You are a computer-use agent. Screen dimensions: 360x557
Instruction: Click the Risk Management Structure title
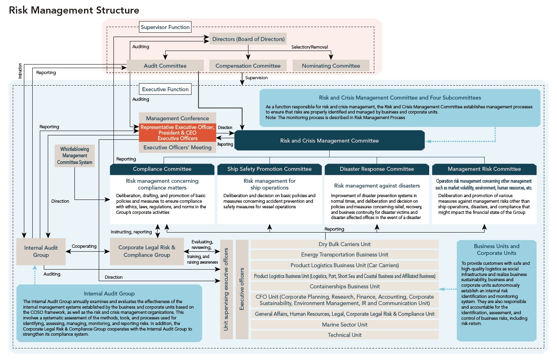[74, 10]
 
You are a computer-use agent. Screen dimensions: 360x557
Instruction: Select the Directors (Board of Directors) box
[248, 39]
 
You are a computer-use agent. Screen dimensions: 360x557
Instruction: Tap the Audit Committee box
[165, 66]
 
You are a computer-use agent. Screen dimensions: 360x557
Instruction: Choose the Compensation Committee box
[248, 66]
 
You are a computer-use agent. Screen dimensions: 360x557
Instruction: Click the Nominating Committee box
[331, 66]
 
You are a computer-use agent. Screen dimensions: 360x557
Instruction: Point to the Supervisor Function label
[165, 27]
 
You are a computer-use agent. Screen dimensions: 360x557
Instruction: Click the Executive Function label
[165, 89]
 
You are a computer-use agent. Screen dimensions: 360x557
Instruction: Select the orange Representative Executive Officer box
[178, 133]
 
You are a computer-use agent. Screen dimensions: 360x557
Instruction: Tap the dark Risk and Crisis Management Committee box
[329, 141]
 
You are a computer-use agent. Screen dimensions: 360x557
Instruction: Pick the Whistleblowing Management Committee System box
[75, 156]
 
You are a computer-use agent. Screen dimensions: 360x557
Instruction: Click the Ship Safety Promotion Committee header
[270, 169]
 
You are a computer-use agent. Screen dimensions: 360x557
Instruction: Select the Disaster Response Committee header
[377, 169]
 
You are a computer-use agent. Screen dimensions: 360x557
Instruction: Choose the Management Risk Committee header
[484, 169]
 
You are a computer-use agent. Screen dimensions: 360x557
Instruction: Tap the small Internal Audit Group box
[41, 251]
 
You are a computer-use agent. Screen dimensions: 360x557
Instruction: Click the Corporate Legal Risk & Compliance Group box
[147, 251]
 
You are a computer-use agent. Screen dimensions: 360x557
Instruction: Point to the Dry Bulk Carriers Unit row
[344, 244]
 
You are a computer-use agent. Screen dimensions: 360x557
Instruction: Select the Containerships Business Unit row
[344, 286]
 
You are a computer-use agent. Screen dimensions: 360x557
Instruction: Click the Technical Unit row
[344, 335]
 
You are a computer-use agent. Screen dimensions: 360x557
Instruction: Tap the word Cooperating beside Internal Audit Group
[84, 246]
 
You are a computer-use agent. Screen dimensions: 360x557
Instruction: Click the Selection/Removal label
[309, 47]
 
